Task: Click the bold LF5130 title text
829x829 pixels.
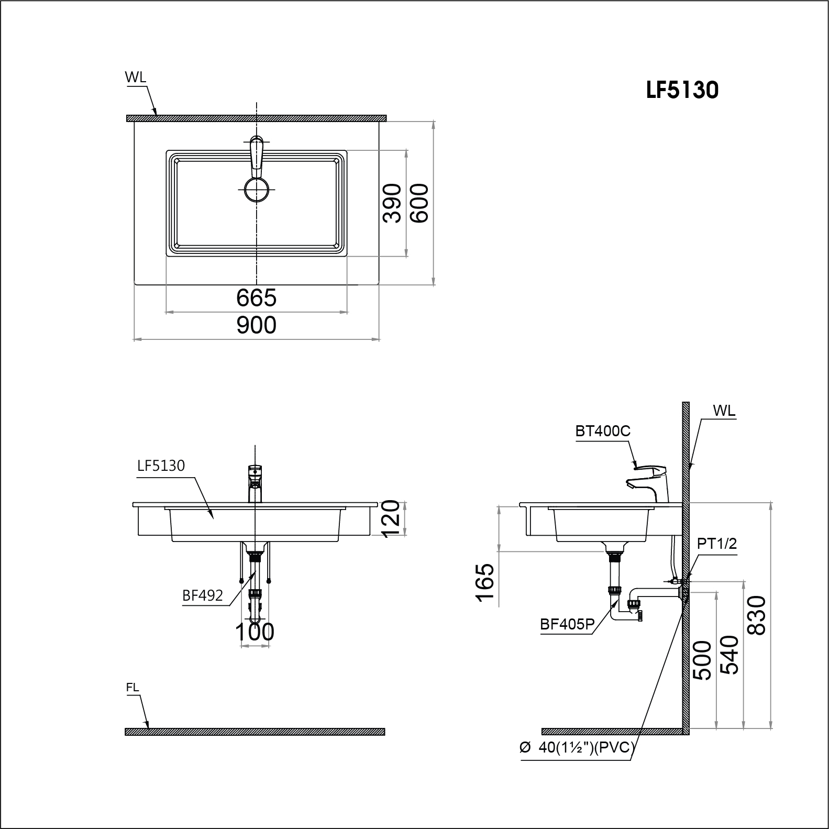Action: coord(682,90)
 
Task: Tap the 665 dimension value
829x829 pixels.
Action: coord(256,298)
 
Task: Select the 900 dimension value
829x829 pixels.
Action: coord(256,325)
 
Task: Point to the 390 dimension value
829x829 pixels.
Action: coord(392,203)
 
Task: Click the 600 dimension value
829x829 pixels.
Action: coord(419,203)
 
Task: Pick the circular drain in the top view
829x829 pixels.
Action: coord(257,189)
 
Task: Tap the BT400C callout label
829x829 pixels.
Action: coord(603,432)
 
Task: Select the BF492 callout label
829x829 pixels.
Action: coord(203,595)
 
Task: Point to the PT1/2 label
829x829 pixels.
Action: coord(716,544)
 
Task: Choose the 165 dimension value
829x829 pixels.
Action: coord(485,583)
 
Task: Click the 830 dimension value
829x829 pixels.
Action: coord(757,615)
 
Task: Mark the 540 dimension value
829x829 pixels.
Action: coord(729,655)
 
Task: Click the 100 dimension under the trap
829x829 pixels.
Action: coord(255,632)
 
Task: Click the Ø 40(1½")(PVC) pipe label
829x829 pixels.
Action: coord(577,748)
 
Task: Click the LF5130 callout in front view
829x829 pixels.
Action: coord(161,466)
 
